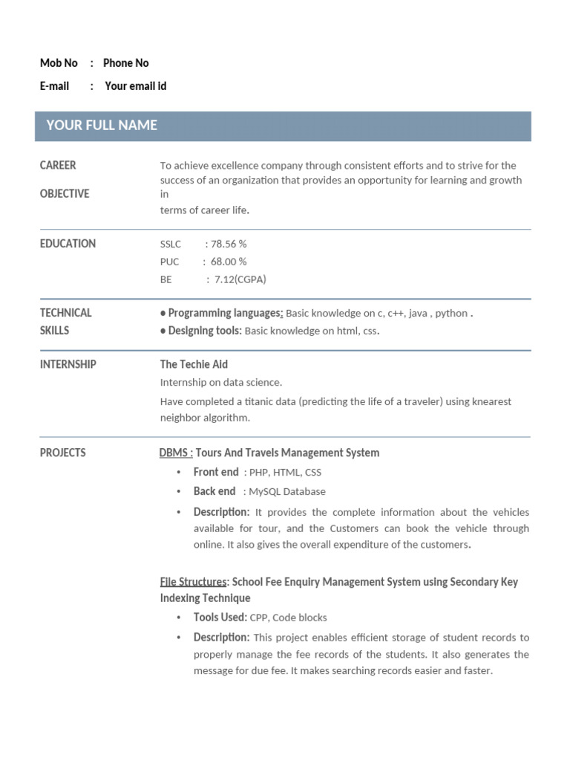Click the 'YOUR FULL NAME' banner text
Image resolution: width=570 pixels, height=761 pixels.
pos(102,126)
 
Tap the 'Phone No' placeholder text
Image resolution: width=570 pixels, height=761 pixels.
pos(125,63)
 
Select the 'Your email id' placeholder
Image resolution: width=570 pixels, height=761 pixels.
pos(136,86)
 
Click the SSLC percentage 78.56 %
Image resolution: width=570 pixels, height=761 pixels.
pos(229,244)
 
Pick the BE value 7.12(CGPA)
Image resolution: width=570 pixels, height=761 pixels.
pos(240,279)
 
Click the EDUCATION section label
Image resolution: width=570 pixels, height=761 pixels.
pos(68,244)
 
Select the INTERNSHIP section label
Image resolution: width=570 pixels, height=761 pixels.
pos(68,364)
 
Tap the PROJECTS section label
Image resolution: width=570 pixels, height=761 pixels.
pos(62,453)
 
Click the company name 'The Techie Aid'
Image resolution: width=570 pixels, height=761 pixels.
pos(194,364)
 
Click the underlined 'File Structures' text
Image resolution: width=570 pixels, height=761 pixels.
pos(193,582)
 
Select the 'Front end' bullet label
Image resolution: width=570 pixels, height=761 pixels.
pos(216,472)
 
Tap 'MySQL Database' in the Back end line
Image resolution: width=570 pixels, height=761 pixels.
pos(286,491)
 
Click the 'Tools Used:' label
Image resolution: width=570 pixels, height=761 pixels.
pos(220,617)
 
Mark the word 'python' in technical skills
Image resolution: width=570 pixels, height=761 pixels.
pos(451,314)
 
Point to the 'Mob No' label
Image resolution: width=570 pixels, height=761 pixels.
pos(59,63)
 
